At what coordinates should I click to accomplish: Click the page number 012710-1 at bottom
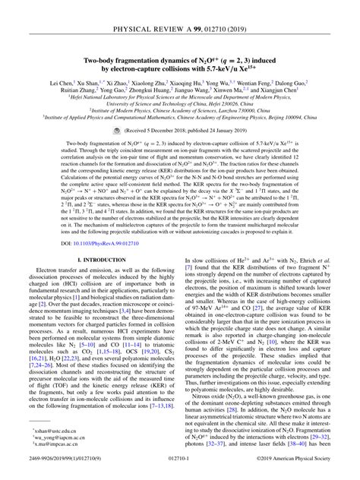coord(179,470)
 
